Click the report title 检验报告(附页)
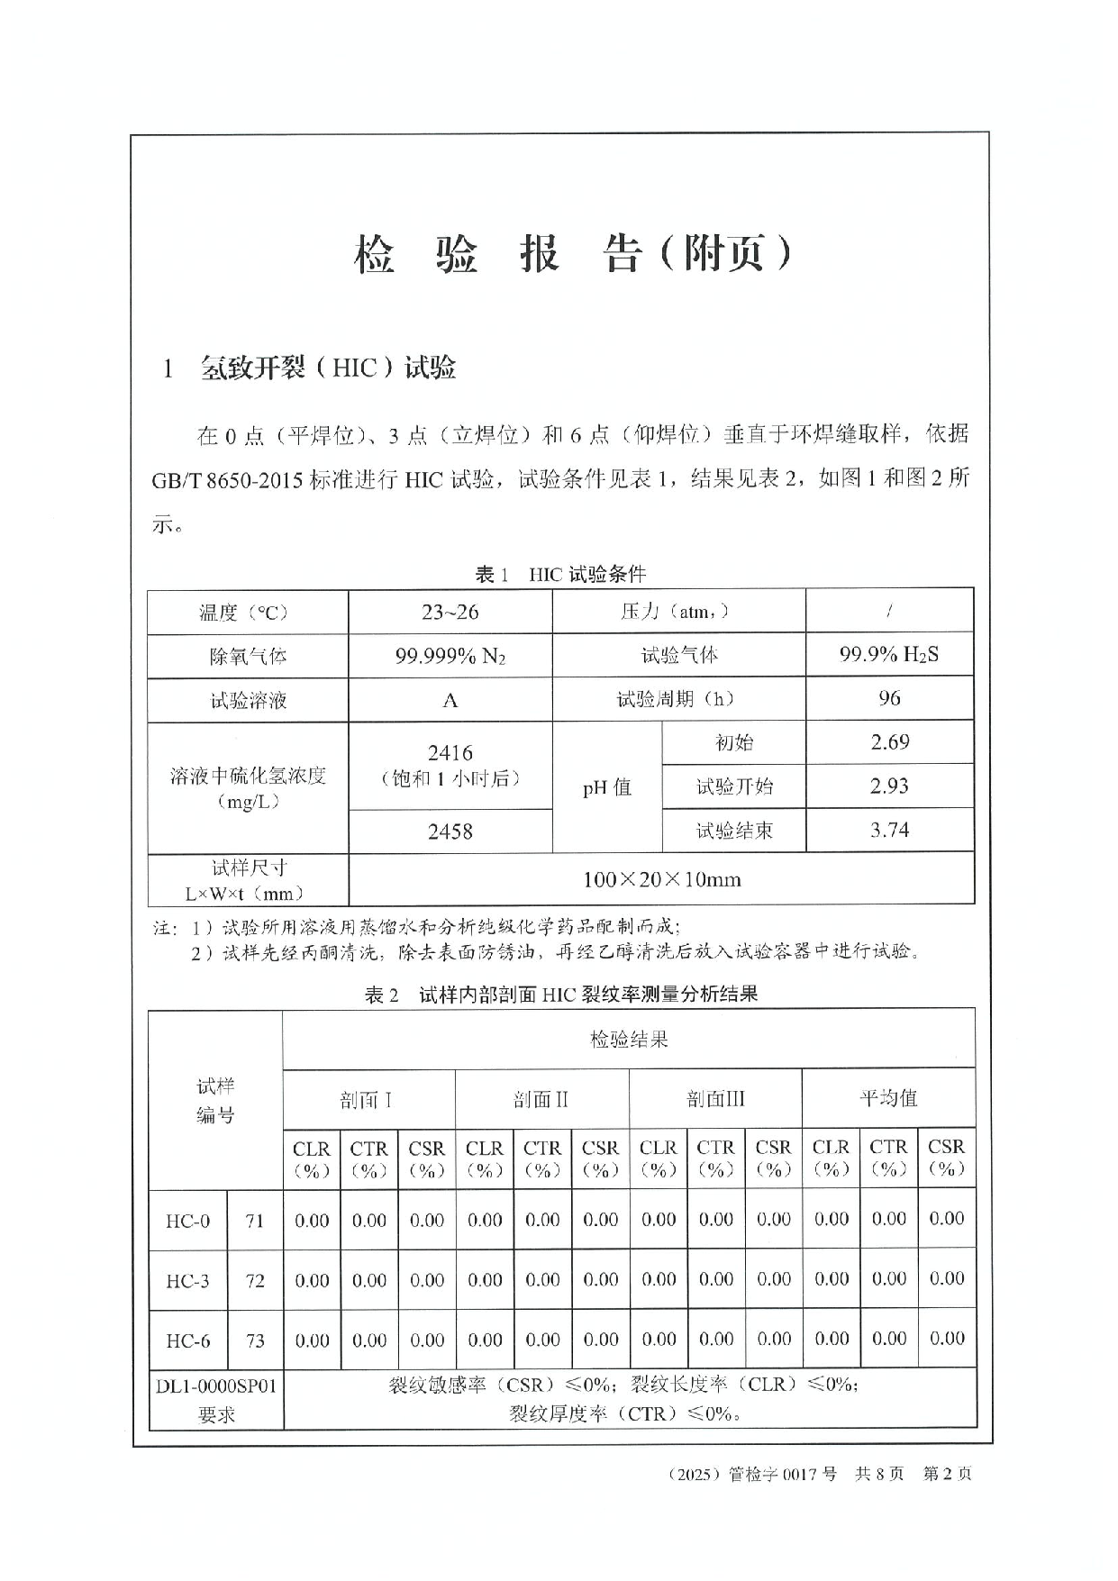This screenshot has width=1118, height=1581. [x=573, y=255]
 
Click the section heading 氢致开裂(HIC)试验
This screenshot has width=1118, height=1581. [x=327, y=368]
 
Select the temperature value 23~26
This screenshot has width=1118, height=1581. [x=450, y=613]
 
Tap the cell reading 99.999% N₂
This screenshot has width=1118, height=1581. [x=450, y=656]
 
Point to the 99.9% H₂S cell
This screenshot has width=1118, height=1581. [x=888, y=655]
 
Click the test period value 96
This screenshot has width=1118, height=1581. [x=889, y=698]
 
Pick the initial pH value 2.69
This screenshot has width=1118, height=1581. [x=889, y=742]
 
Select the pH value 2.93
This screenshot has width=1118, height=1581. [x=889, y=786]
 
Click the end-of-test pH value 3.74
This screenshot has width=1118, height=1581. [x=889, y=830]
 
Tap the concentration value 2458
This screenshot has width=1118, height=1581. [x=450, y=831]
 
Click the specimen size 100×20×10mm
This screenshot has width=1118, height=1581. [x=661, y=879]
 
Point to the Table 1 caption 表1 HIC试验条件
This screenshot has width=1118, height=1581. [x=560, y=574]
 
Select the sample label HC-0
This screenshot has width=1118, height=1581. [x=187, y=1221]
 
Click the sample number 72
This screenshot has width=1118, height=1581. [x=255, y=1280]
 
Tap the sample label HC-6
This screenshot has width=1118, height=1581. [x=187, y=1340]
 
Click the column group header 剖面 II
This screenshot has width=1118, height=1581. [x=541, y=1099]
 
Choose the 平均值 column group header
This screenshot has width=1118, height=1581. [x=887, y=1098]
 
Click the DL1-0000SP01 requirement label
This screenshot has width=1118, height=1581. [x=216, y=1386]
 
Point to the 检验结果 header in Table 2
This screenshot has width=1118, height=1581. [x=628, y=1040]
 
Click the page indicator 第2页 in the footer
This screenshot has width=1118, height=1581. [x=948, y=1474]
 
